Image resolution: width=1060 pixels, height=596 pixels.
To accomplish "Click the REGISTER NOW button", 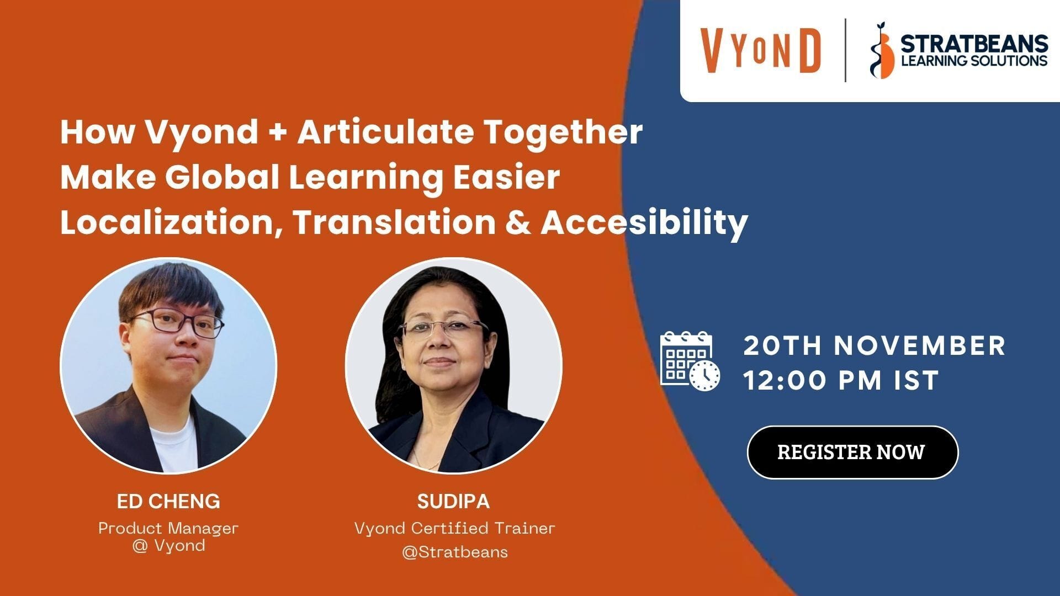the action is click(x=852, y=452).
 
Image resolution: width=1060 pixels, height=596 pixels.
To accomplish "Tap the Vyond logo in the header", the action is click(x=761, y=50).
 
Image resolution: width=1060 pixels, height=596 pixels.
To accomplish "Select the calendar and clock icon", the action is click(x=690, y=361).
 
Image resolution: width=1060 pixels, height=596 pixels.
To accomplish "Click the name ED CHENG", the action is click(x=168, y=501).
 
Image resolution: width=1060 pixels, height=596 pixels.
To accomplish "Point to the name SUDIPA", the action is click(x=453, y=501).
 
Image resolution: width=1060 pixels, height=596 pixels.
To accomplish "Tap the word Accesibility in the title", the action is click(x=644, y=223).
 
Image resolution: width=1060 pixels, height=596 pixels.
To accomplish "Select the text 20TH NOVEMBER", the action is click(x=875, y=345).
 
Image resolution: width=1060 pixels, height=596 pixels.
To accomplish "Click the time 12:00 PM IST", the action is click(x=841, y=380).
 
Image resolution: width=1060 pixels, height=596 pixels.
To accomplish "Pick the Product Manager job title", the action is click(x=168, y=528).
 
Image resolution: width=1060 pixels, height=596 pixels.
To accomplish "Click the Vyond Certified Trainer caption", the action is click(x=454, y=528).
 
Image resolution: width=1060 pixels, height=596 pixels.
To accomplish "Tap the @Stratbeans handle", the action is click(x=455, y=552).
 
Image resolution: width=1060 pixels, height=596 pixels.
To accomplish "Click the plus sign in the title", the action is click(x=278, y=133).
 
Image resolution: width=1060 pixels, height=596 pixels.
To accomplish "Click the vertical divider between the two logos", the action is click(x=845, y=50).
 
